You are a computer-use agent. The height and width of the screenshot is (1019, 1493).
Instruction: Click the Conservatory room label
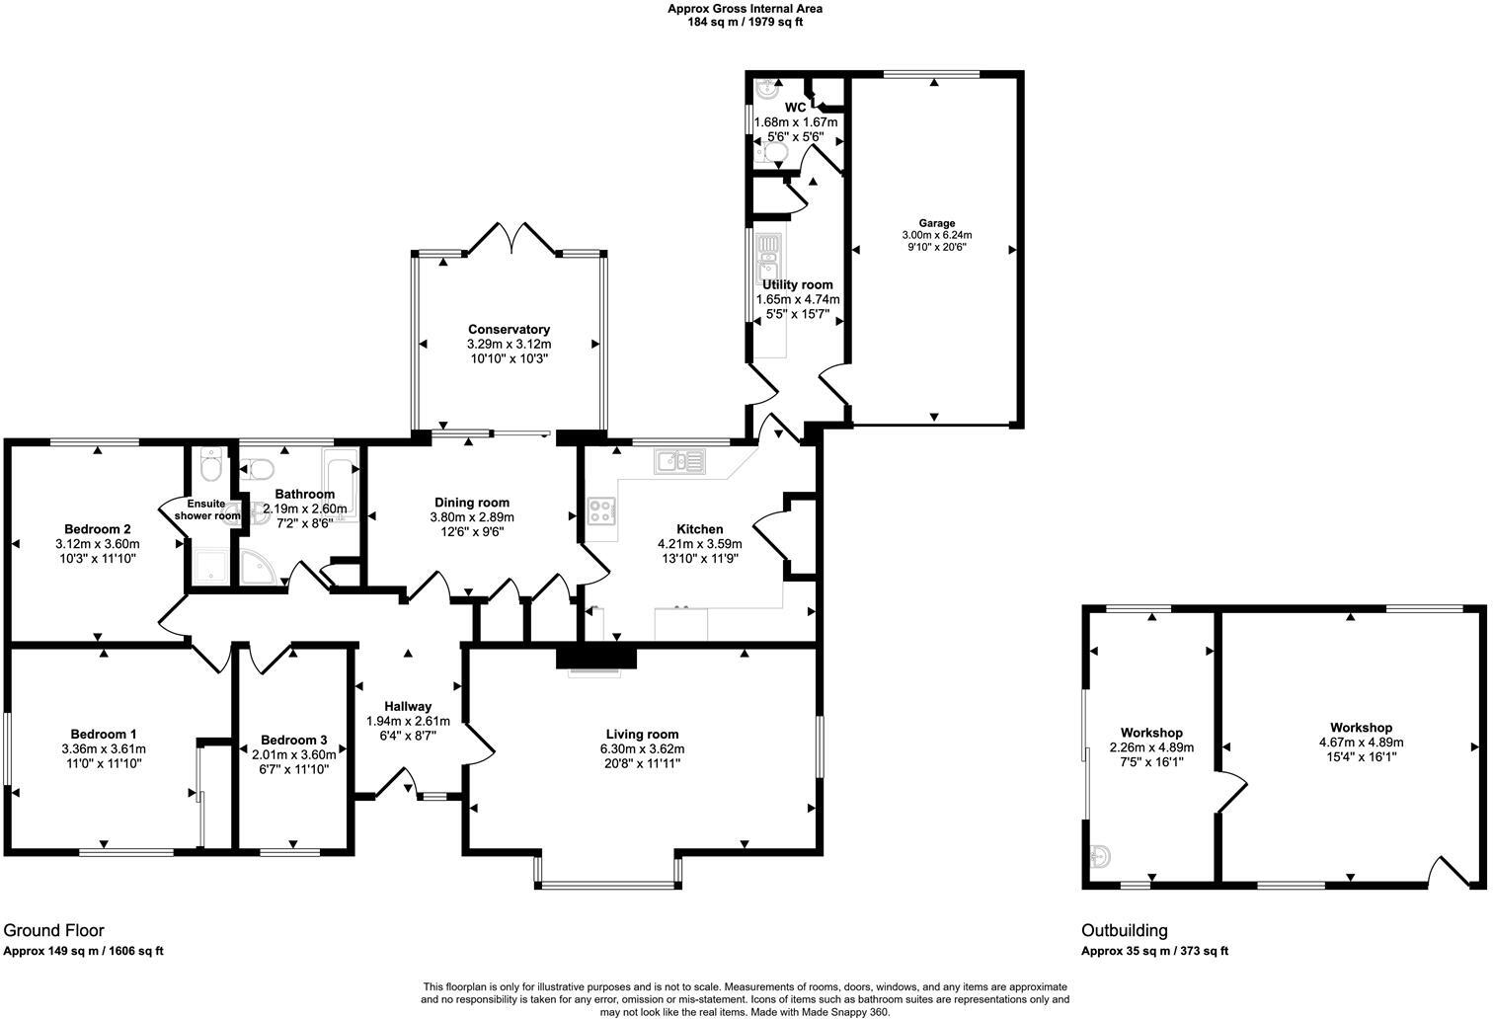(x=509, y=329)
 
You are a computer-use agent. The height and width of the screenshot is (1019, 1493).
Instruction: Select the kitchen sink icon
(x=678, y=460)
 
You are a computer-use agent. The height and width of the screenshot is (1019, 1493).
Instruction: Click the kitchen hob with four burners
(x=601, y=509)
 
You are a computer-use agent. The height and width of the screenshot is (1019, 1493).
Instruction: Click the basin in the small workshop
(x=1101, y=856)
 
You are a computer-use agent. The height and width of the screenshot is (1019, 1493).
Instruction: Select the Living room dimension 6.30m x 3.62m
(x=642, y=749)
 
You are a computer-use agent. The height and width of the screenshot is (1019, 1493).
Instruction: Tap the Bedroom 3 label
(x=293, y=740)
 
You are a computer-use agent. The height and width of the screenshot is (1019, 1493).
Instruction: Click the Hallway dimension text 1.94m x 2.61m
(x=408, y=721)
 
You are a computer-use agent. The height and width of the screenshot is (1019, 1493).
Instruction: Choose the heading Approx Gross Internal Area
(x=745, y=9)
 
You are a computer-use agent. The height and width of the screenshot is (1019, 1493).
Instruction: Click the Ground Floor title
(x=53, y=930)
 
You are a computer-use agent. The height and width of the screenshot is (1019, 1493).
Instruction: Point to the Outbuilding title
(x=1124, y=930)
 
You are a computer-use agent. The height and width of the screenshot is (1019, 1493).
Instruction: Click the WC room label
(x=795, y=108)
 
